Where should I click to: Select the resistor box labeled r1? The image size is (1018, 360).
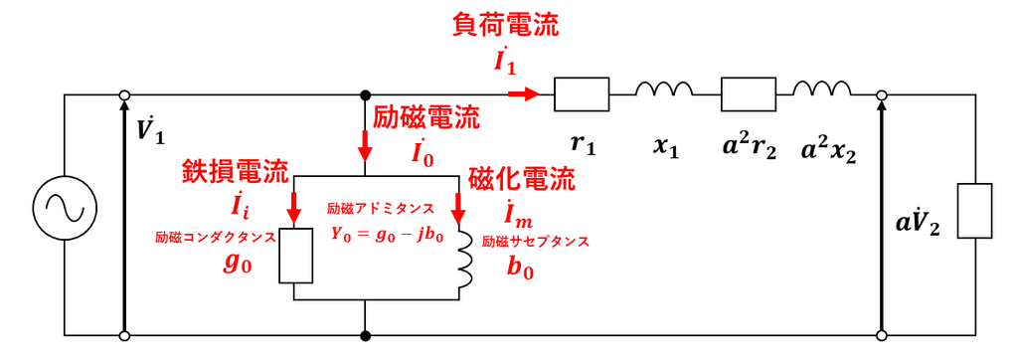coord(581,94)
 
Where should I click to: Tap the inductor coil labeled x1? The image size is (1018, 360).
coord(664,90)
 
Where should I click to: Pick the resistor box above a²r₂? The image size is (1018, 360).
coord(748,94)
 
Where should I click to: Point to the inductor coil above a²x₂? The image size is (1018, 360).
coord(821,90)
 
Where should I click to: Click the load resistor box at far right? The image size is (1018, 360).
coord(974,211)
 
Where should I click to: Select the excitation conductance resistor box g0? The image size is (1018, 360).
coord(295,254)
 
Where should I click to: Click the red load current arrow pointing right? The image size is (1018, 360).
coord(523,94)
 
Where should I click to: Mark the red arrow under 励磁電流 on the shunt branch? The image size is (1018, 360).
coord(366,146)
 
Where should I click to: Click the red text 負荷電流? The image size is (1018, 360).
coord(504,27)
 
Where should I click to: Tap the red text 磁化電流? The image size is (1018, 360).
coord(521,180)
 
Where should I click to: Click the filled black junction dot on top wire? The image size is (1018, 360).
coord(366,94)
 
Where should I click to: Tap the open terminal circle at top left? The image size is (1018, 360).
coord(124,94)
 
